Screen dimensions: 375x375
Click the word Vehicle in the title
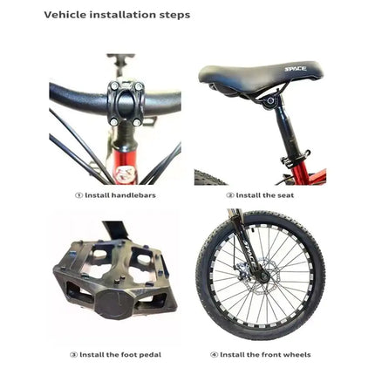pos(62,15)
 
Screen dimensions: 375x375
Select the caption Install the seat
pos(265,195)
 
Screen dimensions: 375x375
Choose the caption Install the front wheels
pos(265,355)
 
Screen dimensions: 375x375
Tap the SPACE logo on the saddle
pos(296,69)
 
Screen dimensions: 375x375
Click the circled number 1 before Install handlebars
pos(79,195)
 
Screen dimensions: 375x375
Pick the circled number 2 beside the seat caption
pos(229,195)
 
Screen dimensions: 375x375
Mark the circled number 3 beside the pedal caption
pos(73,355)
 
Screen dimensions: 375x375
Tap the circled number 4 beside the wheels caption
pos(214,355)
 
